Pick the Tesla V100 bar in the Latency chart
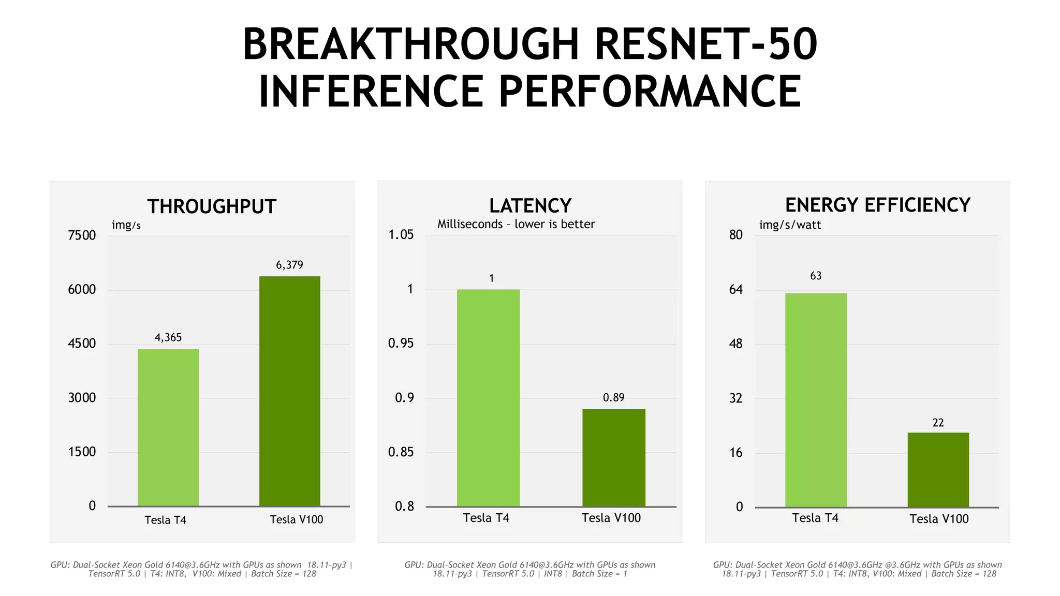(x=614, y=457)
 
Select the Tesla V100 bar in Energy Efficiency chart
(x=938, y=470)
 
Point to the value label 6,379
(x=289, y=265)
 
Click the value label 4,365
(x=168, y=337)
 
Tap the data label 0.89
(x=614, y=397)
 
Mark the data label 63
(x=816, y=276)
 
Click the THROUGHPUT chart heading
(x=212, y=206)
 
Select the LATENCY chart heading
(x=530, y=206)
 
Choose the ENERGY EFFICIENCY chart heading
(x=877, y=205)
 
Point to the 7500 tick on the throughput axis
(x=82, y=235)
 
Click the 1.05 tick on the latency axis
(x=401, y=235)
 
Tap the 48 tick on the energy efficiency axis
(x=735, y=344)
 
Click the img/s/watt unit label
(x=790, y=225)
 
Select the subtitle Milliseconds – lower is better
(x=516, y=224)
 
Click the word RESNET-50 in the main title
(x=705, y=44)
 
